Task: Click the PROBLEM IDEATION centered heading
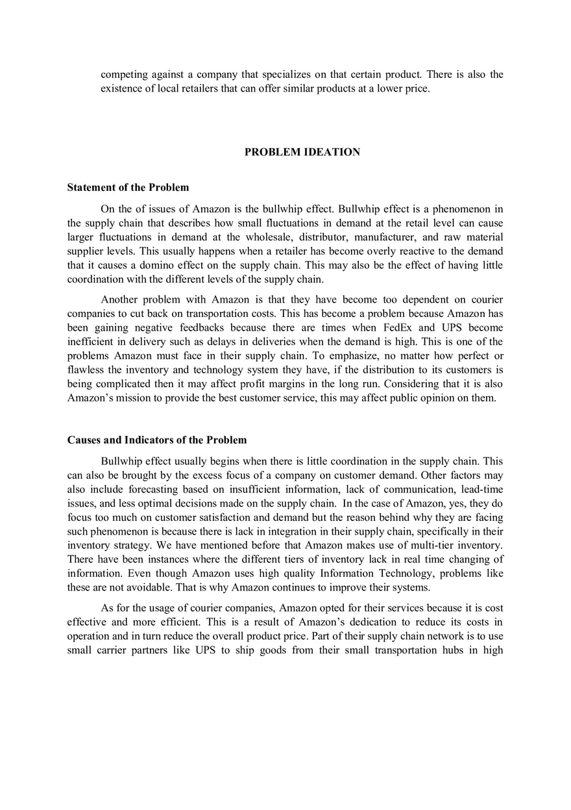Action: [302, 152]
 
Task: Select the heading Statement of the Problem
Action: [128, 188]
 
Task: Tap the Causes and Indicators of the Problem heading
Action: [157, 440]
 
